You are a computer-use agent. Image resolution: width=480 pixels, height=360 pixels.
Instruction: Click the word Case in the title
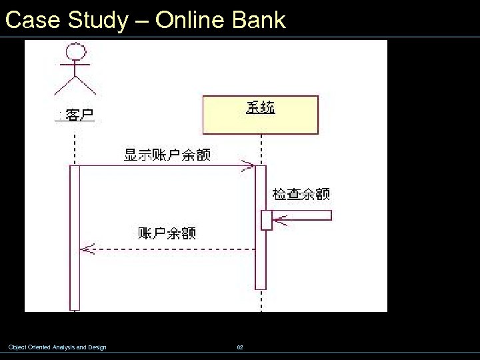pos(33,20)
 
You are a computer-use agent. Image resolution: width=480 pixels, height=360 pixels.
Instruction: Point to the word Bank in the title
pos(259,20)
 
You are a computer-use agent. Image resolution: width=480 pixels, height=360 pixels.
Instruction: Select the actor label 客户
pos(79,115)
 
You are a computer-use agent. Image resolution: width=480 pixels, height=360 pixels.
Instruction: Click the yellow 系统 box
pos(261,115)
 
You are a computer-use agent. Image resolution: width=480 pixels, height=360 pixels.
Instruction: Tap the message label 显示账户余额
pos(167,155)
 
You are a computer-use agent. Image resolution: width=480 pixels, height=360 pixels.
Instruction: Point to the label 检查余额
pos(301,194)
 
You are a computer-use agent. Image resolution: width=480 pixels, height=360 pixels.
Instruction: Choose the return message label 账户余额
pos(167,233)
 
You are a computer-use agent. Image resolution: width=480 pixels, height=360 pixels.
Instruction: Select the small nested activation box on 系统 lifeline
pos(267,220)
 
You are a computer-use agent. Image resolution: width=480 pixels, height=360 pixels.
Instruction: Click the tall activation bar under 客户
pos(75,237)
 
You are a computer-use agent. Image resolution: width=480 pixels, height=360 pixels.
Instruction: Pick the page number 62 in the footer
pos(240,347)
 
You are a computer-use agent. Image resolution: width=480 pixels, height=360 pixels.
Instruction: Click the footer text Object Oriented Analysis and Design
pos(57,347)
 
